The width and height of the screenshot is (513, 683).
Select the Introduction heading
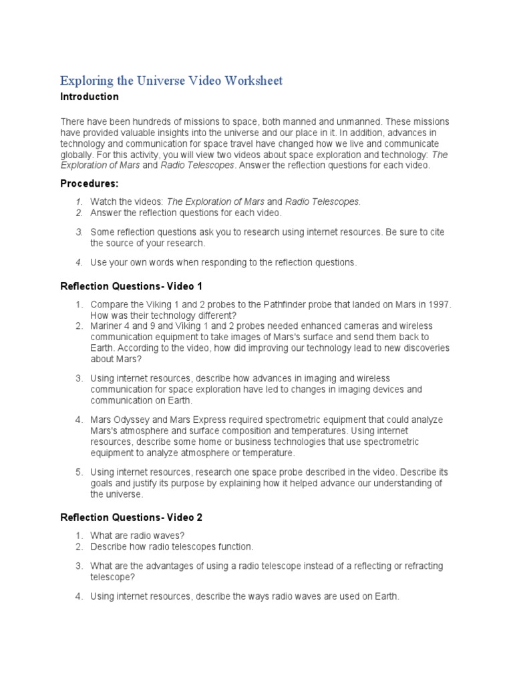pyautogui.click(x=90, y=97)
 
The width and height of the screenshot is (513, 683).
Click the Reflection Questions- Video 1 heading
pyautogui.click(x=131, y=286)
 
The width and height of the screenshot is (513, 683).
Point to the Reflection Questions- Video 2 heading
pyautogui.click(x=131, y=517)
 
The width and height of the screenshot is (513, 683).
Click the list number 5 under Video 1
pyautogui.click(x=78, y=472)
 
